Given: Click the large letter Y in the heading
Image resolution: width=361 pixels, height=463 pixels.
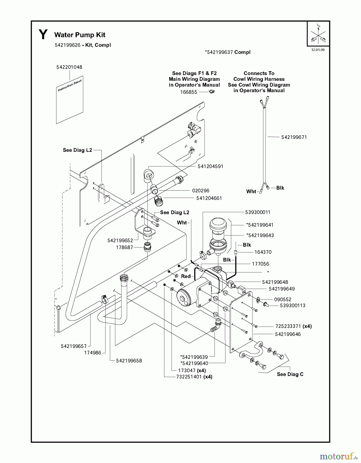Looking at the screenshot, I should tap(43, 35).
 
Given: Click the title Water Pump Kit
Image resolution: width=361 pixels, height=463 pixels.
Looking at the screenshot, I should tap(80, 35).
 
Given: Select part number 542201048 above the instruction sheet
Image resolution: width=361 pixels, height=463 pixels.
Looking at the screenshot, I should tap(69, 67).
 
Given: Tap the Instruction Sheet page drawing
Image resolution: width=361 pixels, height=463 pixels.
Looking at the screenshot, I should tap(70, 100).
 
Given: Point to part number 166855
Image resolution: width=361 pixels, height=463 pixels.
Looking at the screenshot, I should tap(189, 92).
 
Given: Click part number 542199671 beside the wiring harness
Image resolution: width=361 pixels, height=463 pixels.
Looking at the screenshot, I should tap(294, 137).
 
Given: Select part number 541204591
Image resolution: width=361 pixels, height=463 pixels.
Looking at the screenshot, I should tap(211, 166).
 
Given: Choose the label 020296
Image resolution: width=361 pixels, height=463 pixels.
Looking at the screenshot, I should tap(201, 191).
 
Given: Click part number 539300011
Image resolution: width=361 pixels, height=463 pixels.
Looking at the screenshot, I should tap(258, 212).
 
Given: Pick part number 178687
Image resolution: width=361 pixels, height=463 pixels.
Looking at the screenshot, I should tap(124, 247).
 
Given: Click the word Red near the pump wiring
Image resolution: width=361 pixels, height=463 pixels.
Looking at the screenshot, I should tap(186, 276).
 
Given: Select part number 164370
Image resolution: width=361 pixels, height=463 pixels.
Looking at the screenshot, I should tap(263, 252).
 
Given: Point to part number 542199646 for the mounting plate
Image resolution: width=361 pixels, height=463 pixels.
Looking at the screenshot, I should tap(288, 334).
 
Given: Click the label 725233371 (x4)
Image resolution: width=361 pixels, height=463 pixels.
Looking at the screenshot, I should tap(293, 326).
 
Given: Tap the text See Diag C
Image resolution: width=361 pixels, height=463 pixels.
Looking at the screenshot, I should tap(290, 374).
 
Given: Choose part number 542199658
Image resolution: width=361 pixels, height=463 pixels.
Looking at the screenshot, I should tap(129, 361).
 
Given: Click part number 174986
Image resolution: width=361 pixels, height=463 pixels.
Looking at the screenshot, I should tap(93, 353).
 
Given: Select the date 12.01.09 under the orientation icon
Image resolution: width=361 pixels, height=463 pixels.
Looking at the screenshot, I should tap(318, 50).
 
